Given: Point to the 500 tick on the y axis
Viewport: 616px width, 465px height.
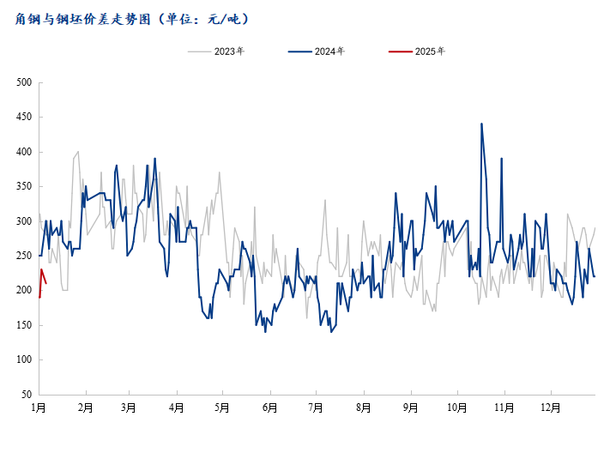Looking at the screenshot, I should [x=24, y=82].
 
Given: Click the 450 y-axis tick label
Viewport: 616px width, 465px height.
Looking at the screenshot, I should [x=24, y=118].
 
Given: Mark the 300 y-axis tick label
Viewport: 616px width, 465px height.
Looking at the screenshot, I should [x=24, y=221].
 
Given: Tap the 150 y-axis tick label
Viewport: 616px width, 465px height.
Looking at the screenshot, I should [x=24, y=325].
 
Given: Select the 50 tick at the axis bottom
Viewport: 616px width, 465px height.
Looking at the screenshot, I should [x=27, y=395].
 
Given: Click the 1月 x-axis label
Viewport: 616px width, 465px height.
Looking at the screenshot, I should [x=39, y=408].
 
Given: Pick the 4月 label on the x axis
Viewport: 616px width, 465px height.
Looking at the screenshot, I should [x=176, y=408].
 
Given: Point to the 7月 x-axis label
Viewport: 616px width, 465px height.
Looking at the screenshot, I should [x=315, y=408].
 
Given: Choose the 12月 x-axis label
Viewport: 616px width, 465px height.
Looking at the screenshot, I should [x=550, y=408].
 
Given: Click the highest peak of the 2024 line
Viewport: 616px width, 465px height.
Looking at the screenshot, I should [x=481, y=124].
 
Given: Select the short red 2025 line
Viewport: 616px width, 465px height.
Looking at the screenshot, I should [x=42, y=276].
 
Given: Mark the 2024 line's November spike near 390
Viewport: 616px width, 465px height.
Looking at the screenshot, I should [x=501, y=159].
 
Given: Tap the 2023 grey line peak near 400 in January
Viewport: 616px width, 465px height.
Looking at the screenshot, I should [x=78, y=152].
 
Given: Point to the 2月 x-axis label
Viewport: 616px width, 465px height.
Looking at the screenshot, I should [x=85, y=408].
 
